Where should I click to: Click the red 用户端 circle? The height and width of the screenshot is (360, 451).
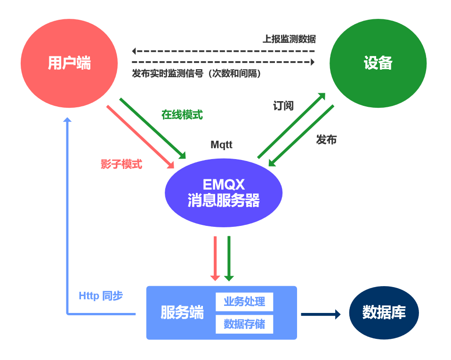69,63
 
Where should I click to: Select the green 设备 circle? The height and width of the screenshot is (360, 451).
378,63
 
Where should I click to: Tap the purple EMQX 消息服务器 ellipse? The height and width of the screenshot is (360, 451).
224,192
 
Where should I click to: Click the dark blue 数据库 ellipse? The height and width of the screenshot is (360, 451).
384,312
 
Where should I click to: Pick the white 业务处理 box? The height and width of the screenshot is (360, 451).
244,302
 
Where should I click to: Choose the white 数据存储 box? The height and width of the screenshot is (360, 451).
244,324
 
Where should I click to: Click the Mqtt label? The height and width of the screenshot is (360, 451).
221,145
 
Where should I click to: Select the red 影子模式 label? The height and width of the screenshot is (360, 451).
121,164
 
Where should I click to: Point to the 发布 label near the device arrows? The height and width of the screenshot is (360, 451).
326,139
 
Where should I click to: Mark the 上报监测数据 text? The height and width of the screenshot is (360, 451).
289,39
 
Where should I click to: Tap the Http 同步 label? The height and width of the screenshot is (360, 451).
101,296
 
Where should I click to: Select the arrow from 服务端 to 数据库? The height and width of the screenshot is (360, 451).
321,314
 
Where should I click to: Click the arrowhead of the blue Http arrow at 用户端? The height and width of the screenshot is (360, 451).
67,120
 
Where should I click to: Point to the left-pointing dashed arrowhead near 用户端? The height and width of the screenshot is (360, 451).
134,51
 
